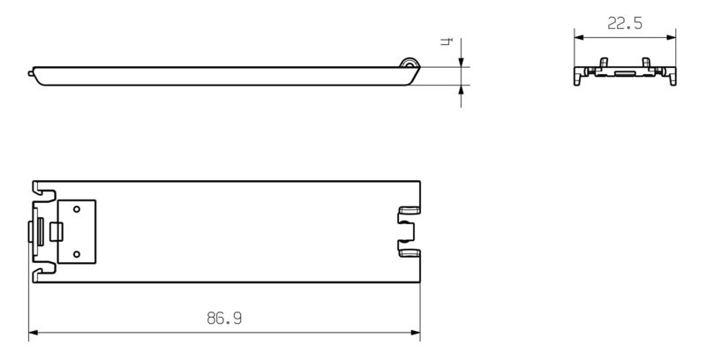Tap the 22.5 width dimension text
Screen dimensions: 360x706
tap(624, 26)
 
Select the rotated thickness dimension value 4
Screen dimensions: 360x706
tap(448, 42)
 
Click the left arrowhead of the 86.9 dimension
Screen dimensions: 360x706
tap(34, 334)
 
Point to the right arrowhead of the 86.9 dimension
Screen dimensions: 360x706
tap(415, 334)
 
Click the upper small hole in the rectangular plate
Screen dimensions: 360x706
tap(78, 210)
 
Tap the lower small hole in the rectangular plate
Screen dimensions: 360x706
tap(78, 254)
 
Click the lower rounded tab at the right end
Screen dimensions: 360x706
tap(409, 253)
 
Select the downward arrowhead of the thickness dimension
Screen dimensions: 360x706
tap(462, 63)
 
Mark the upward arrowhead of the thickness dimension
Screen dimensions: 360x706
tap(462, 88)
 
